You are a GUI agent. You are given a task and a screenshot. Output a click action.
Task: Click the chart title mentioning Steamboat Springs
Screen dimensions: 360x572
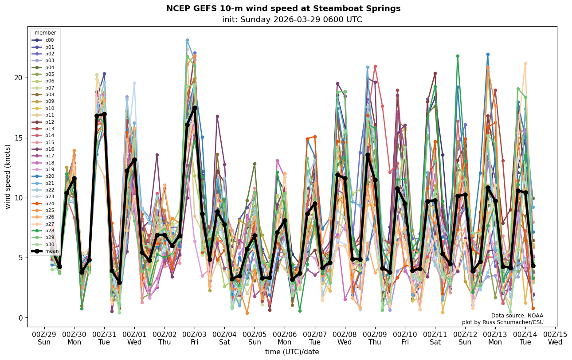tap(283, 8)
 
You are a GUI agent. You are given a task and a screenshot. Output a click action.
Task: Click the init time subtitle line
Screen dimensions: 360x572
tap(292, 20)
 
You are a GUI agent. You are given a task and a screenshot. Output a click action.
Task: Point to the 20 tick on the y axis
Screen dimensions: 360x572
tap(19, 78)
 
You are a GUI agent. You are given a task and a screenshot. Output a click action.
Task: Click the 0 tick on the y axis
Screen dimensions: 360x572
tap(21, 318)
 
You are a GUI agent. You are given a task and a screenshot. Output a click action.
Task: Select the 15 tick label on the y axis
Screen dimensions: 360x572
tap(19, 138)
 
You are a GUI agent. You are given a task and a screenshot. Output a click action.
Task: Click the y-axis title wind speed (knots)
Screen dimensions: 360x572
tap(8, 176)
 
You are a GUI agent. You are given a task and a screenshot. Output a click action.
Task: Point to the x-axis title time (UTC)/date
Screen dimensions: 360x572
tap(292, 352)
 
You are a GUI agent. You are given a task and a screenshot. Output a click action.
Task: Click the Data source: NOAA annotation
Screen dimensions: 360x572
tap(517, 316)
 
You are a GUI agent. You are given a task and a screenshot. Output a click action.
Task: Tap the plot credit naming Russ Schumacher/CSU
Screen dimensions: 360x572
tap(502, 322)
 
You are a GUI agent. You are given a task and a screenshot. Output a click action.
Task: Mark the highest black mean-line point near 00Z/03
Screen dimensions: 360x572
tap(195, 108)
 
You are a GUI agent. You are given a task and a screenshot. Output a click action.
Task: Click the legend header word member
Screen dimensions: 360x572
tap(45, 33)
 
